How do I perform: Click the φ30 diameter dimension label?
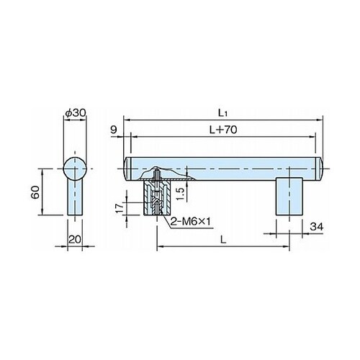(x=76, y=112)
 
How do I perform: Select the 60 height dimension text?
(x=35, y=192)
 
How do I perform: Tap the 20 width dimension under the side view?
(x=75, y=239)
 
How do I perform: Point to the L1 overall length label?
(x=222, y=113)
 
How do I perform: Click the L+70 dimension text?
(x=223, y=130)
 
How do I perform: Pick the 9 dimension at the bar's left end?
(x=114, y=130)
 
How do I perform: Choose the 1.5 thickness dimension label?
(x=181, y=194)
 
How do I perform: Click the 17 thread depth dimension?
(x=120, y=207)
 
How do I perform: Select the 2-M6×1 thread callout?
(x=190, y=222)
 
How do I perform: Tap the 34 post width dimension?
(x=317, y=227)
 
